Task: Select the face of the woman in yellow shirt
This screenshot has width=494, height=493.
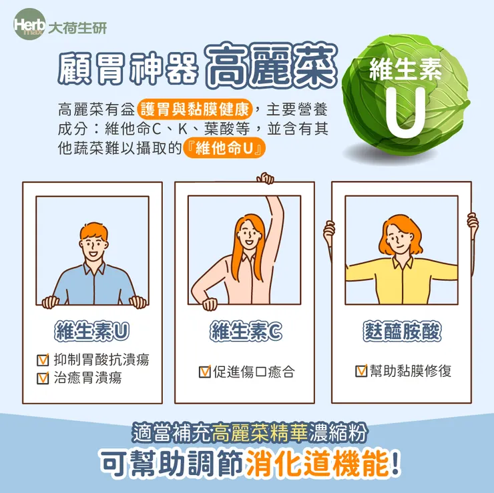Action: point(400,235)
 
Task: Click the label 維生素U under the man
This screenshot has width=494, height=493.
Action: point(92,332)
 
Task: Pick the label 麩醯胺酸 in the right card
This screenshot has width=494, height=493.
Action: point(403,332)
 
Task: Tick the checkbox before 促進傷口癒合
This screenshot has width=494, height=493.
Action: point(205,372)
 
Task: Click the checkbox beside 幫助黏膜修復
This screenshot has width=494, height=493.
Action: point(361,371)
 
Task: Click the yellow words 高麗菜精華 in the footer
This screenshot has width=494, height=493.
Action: point(260,434)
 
